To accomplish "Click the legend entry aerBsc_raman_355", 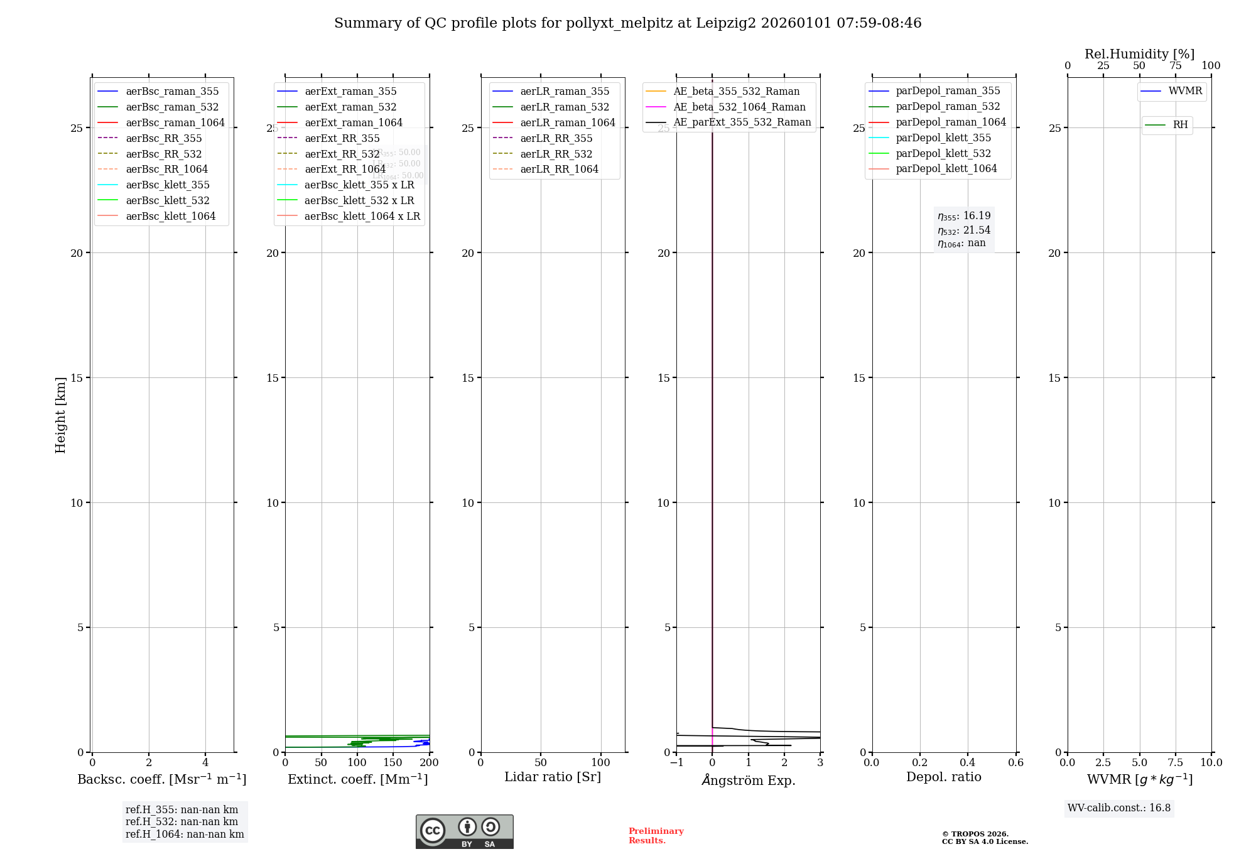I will (172, 92).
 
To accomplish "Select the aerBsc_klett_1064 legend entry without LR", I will (170, 217).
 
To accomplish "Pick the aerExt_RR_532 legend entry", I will (342, 154).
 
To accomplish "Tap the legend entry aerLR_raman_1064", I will (568, 123).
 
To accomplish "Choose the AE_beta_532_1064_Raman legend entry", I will (739, 107).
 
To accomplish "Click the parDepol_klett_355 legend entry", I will (943, 138).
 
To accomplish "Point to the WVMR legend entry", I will (1185, 91).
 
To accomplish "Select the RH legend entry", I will (1180, 125).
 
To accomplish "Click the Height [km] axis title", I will (60, 415).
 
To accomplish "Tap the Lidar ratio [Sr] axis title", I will (553, 777).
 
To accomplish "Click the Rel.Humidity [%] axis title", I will (1139, 54).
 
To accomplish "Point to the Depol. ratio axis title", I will (943, 777).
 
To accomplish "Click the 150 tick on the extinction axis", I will (393, 763).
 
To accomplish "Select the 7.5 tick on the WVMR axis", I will (1176, 763).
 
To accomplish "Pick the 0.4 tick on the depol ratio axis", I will (968, 763).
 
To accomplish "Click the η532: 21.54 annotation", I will (964, 230).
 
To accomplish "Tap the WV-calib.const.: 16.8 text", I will (1119, 808).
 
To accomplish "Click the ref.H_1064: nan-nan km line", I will (185, 835).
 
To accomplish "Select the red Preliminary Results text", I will (656, 836).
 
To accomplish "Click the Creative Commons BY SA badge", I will (464, 831).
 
